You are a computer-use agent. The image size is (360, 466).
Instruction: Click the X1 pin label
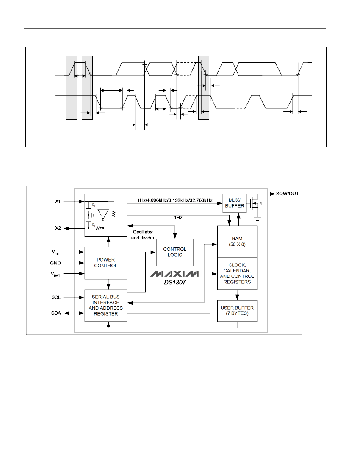pos(58,202)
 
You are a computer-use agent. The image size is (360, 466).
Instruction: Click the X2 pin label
pos(58,228)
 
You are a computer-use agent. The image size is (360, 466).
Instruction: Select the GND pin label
pos(55,263)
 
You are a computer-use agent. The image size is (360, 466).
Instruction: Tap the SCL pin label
pos(56,297)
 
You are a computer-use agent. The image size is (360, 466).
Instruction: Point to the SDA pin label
pos(56,313)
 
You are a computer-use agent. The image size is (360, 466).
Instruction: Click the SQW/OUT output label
pos(287,194)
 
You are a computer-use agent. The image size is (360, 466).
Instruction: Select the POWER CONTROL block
pos(106,263)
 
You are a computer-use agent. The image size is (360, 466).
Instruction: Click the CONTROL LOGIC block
pos(175,252)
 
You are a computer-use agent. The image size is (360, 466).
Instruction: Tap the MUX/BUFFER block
pos(235,203)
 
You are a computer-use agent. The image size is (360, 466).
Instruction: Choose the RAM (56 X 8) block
pos(237,241)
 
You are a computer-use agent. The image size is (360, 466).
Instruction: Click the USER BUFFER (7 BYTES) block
pos(237,311)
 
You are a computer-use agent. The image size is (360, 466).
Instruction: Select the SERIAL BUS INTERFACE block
pos(106,305)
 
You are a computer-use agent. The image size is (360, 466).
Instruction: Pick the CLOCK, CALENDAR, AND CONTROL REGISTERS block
pos(237,274)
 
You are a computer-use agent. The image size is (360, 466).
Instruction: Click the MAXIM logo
pos(174,274)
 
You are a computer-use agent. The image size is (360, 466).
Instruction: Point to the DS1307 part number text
pos(175,282)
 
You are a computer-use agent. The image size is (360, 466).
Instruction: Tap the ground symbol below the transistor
pos(258,219)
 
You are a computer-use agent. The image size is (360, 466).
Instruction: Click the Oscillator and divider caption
pos(143,235)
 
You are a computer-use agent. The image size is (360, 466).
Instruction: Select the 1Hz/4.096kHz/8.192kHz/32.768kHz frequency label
pos(174,200)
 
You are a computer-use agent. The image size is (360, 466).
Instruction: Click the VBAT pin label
pos(55,274)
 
